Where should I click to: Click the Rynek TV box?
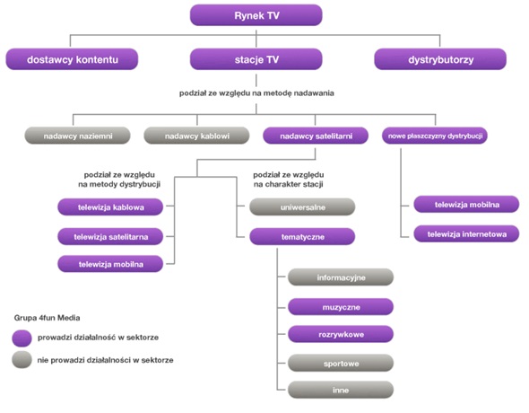tap(256, 15)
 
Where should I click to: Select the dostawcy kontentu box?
tap(72, 59)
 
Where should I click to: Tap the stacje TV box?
tap(256, 59)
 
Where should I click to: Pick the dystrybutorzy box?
tap(440, 59)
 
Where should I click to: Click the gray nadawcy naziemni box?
tap(78, 136)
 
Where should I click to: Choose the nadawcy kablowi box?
tap(196, 136)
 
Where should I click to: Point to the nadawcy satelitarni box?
tap(316, 136)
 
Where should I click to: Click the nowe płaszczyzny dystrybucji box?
tap(435, 136)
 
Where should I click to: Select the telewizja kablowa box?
tap(110, 207)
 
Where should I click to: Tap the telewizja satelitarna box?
tap(110, 236)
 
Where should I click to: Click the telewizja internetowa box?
tap(466, 233)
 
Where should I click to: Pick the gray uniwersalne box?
tap(302, 207)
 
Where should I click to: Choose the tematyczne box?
tap(302, 236)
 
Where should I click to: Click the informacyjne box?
tap(341, 277)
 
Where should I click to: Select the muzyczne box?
tap(341, 307)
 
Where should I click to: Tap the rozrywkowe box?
tap(341, 334)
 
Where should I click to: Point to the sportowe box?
tap(341, 363)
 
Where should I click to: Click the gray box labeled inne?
tap(341, 390)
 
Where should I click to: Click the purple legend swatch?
tap(22, 338)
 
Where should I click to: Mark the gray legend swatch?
tap(22, 359)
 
